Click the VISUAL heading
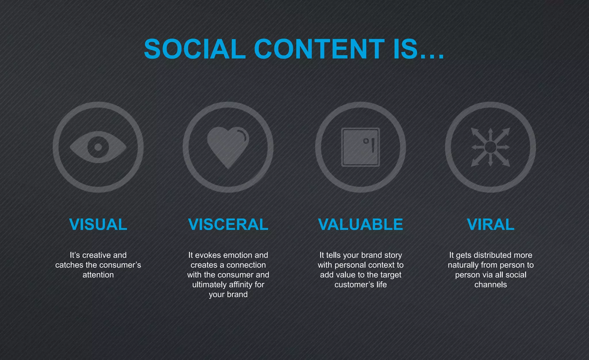(x=98, y=225)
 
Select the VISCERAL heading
(x=228, y=225)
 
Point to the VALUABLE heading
(x=360, y=225)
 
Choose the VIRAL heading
(x=491, y=225)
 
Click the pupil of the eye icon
(x=98, y=147)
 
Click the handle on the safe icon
(x=373, y=145)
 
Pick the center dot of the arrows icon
(x=490, y=147)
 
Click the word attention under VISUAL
(x=98, y=275)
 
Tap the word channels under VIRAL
(x=491, y=285)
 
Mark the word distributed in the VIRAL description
(x=495, y=255)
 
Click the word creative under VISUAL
(x=96, y=255)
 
